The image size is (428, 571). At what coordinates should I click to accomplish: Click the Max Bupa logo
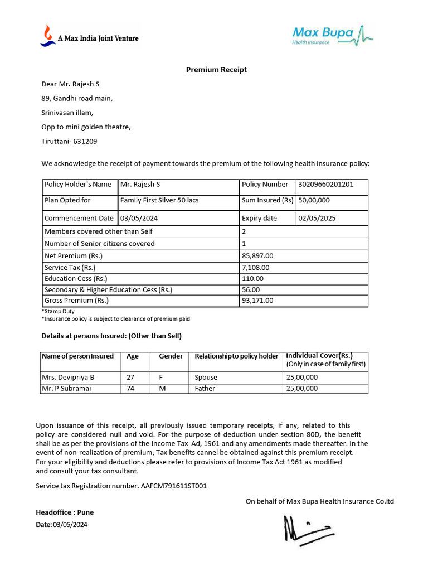tap(332, 35)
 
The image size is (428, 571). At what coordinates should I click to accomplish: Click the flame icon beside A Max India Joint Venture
tap(47, 35)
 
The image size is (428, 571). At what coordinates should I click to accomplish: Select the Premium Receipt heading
tap(216, 70)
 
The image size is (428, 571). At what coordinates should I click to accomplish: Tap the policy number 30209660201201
tap(325, 185)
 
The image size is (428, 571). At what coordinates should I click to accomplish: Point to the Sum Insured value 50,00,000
tap(314, 200)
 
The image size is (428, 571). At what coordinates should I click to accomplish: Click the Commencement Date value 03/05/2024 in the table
tap(140, 218)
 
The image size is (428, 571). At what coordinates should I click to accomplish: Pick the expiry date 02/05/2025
tap(317, 218)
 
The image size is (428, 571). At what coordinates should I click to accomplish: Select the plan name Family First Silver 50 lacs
tap(159, 200)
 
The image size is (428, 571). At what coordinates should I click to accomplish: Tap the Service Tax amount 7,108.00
tap(256, 268)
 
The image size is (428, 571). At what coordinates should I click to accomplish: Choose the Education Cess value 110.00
tap(252, 279)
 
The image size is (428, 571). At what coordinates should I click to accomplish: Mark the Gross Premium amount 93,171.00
tap(257, 301)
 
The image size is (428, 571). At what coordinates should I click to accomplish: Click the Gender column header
tap(171, 356)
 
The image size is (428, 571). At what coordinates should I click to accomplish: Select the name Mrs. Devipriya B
tap(69, 378)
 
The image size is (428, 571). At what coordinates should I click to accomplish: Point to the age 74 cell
tap(130, 389)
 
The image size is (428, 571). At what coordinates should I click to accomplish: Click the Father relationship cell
tap(205, 389)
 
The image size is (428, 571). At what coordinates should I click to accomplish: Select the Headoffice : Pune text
tap(65, 512)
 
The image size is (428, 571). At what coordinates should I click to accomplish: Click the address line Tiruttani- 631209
tap(69, 142)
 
